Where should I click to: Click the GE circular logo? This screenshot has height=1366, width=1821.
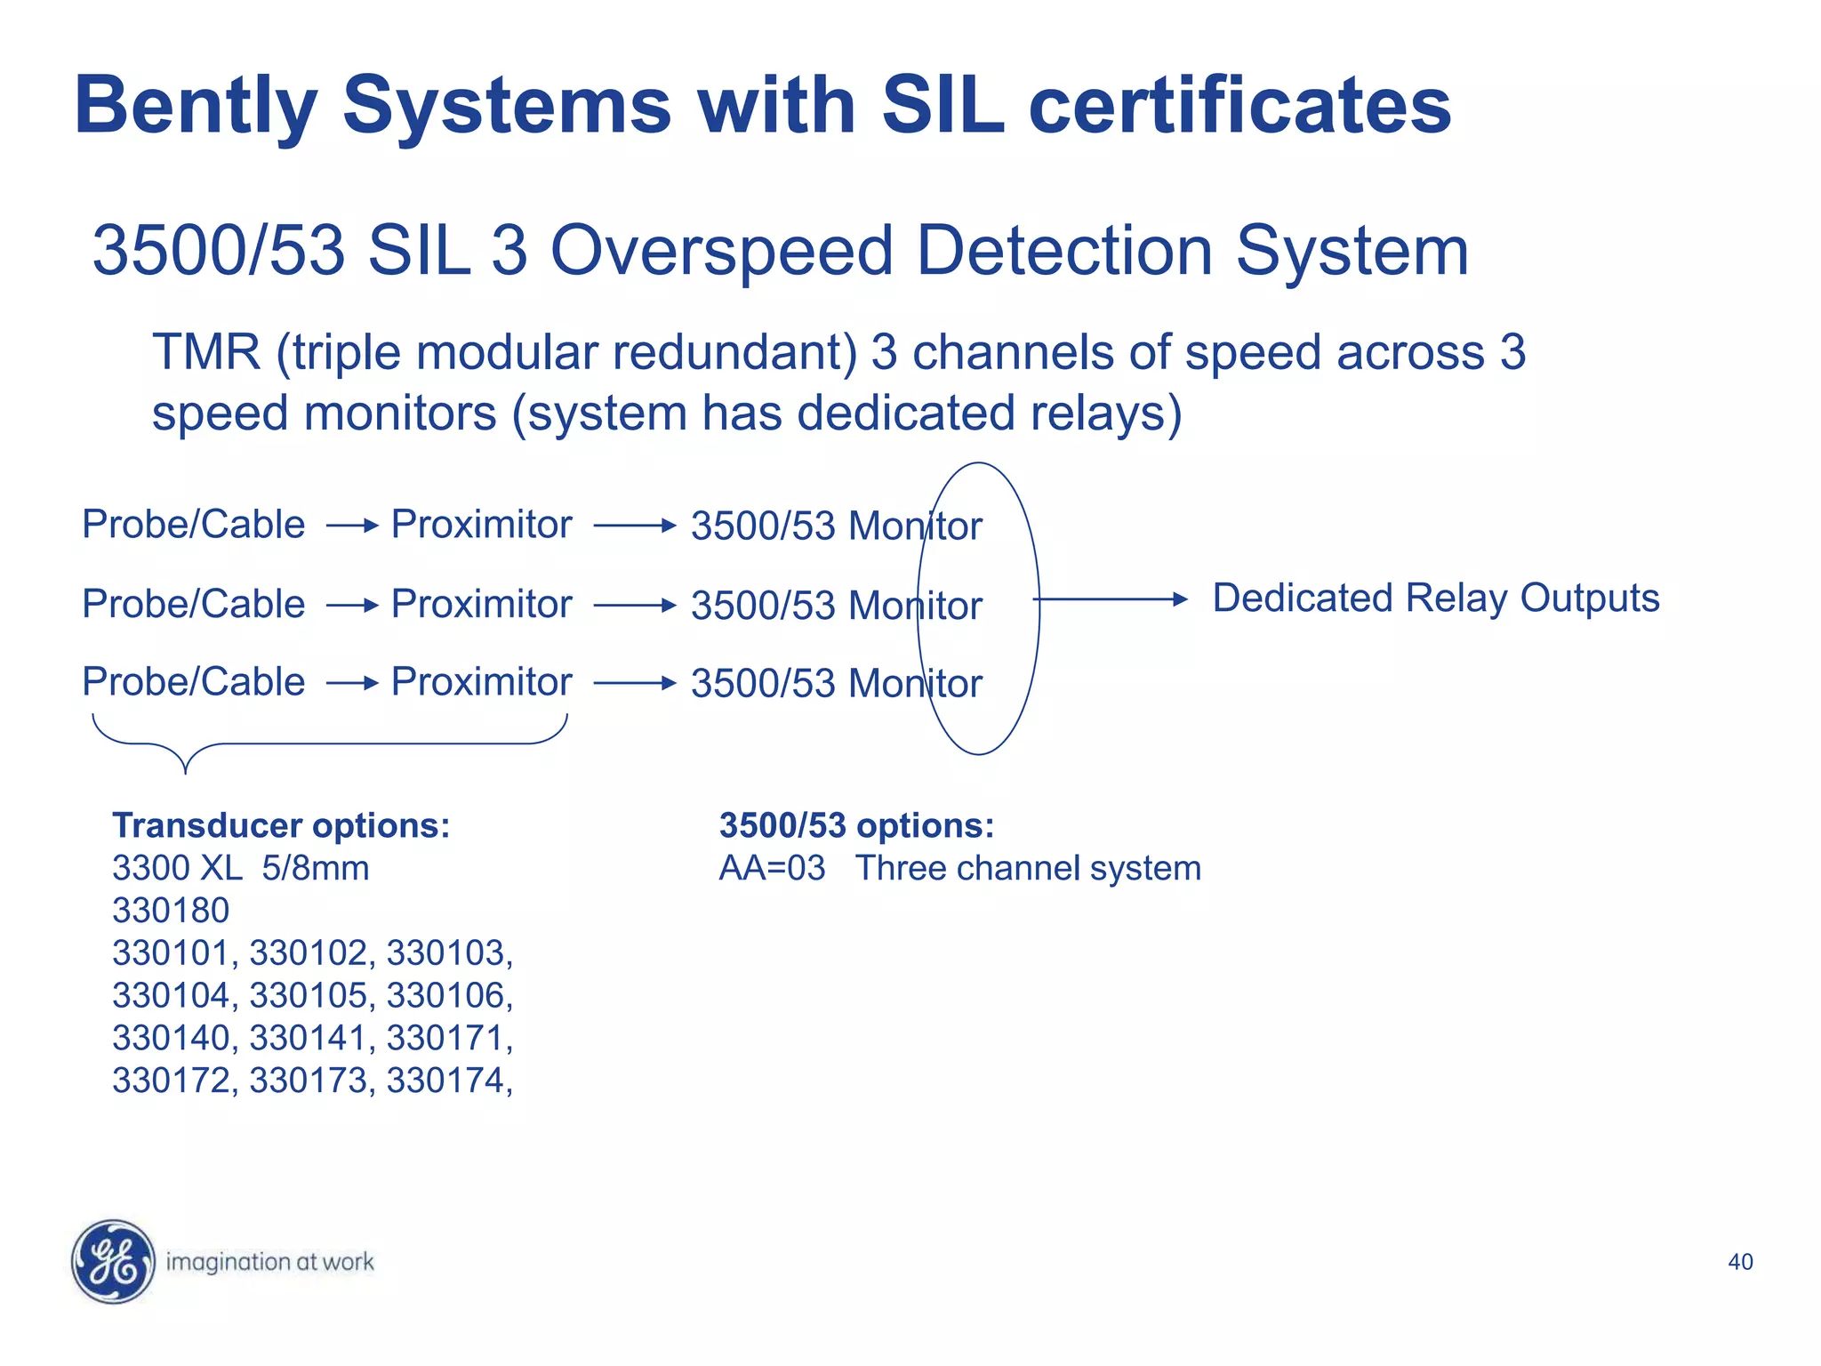[x=113, y=1261]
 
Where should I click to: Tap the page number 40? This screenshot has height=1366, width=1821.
[x=1739, y=1262]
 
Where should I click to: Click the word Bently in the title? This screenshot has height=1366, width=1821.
[x=196, y=107]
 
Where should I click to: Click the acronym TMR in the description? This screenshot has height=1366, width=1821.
[x=206, y=352]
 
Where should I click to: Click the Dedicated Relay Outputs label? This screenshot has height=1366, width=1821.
[x=1435, y=599]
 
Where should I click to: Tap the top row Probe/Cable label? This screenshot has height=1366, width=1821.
[x=193, y=525]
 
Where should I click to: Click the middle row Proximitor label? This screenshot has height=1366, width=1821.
[x=481, y=605]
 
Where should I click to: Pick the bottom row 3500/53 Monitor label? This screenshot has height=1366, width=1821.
[x=836, y=684]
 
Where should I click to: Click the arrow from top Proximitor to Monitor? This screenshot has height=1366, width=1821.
[x=635, y=526]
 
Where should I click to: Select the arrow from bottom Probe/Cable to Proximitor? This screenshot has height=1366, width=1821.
[x=352, y=683]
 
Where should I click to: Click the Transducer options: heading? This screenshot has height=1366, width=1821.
[x=281, y=825]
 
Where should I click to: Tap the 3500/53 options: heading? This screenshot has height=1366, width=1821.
[x=855, y=825]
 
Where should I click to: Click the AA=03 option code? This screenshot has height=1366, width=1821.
[x=772, y=868]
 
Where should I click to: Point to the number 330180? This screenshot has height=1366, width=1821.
[x=171, y=911]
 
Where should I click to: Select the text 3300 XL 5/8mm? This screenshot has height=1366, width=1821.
[x=240, y=868]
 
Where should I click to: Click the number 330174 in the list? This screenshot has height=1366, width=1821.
[x=445, y=1081]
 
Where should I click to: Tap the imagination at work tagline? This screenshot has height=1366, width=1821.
[x=269, y=1262]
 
